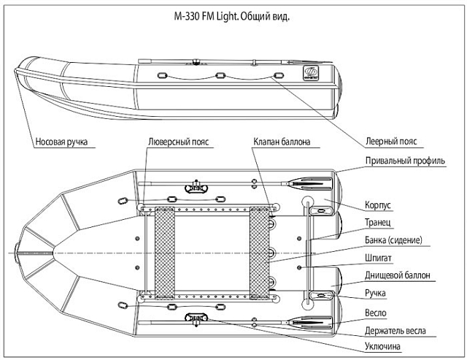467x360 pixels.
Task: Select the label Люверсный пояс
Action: coord(180,141)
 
